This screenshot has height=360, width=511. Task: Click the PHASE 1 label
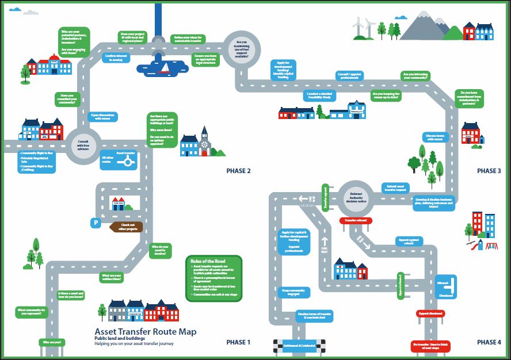point(238,342)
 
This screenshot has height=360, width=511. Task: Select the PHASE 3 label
point(489,171)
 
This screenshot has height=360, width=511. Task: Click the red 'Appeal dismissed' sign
point(431,314)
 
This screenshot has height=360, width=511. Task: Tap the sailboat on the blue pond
point(165,68)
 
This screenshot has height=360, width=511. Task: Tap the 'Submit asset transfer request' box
point(396,187)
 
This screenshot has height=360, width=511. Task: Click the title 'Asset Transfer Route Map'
point(145,332)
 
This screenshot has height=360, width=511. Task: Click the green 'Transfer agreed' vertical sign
point(325,198)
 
